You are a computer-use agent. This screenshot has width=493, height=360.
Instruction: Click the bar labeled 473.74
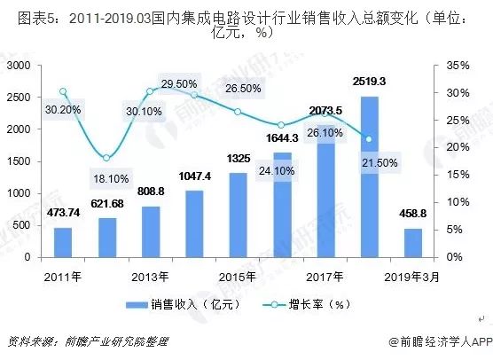pyautogui.click(x=62, y=242)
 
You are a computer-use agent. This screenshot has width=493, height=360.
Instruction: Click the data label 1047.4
pyautogui.click(x=194, y=177)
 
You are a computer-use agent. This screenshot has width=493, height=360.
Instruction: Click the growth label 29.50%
pyautogui.click(x=180, y=84)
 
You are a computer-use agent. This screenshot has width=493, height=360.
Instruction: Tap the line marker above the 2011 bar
pyautogui.click(x=62, y=91)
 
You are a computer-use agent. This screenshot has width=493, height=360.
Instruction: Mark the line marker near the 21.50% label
pyautogui.click(x=369, y=138)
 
